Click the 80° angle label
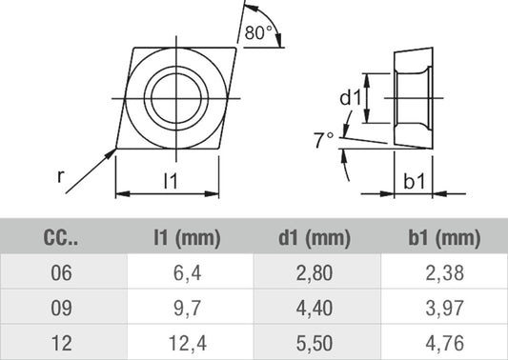tap(258, 33)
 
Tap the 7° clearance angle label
tap(324, 140)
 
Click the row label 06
tap(62, 272)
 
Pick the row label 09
tap(62, 306)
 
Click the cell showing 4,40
tap(315, 306)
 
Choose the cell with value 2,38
tap(443, 272)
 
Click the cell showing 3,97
tap(443, 306)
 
